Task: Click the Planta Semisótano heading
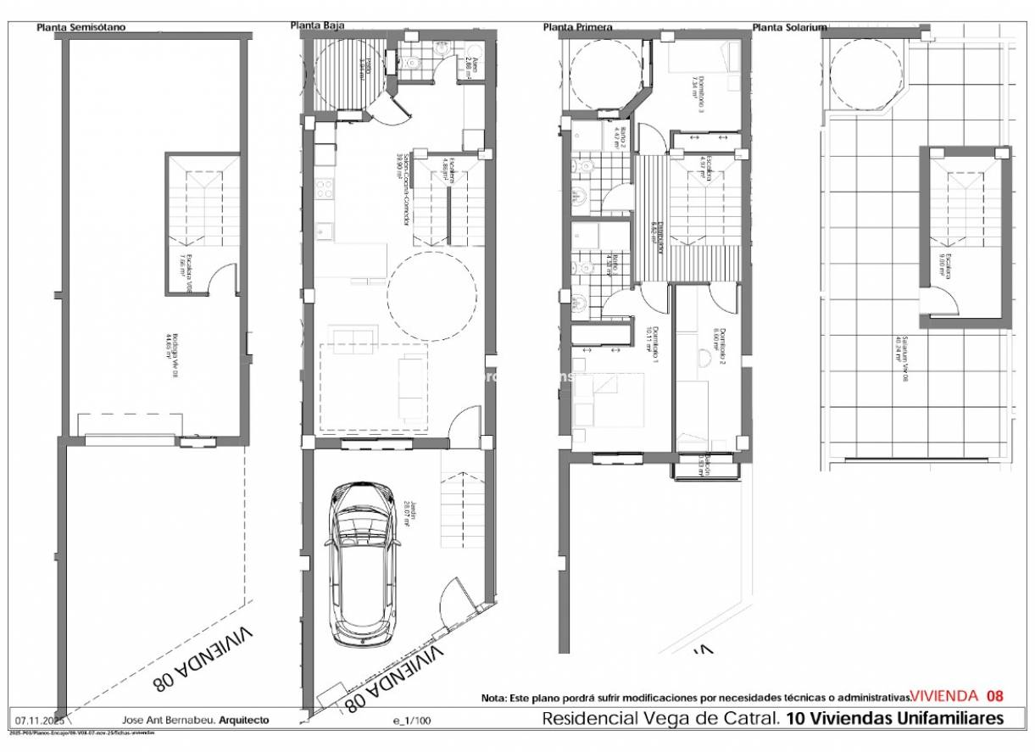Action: [x=81, y=27]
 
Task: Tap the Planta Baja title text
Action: [x=317, y=25]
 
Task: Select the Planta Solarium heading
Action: [x=789, y=27]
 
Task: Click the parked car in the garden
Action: [x=362, y=564]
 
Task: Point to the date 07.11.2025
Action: [x=35, y=719]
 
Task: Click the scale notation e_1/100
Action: [x=412, y=721]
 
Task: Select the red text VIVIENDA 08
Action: [x=957, y=696]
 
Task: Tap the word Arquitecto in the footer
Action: [x=243, y=719]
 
